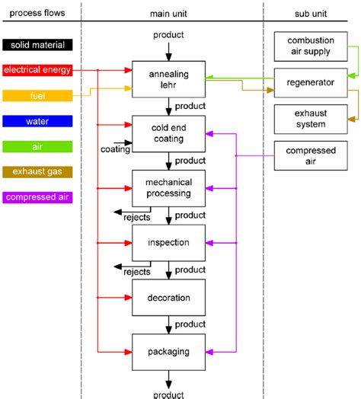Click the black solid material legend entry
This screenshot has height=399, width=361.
(x=37, y=45)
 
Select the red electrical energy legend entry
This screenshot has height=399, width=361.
(x=37, y=70)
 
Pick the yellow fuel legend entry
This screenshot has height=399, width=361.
(x=37, y=96)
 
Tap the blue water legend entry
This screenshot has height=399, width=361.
(x=37, y=121)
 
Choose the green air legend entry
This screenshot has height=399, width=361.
(x=37, y=146)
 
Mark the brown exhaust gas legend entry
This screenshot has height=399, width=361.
(x=37, y=172)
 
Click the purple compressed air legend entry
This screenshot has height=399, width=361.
(x=37, y=198)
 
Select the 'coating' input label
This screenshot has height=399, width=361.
(x=115, y=149)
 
